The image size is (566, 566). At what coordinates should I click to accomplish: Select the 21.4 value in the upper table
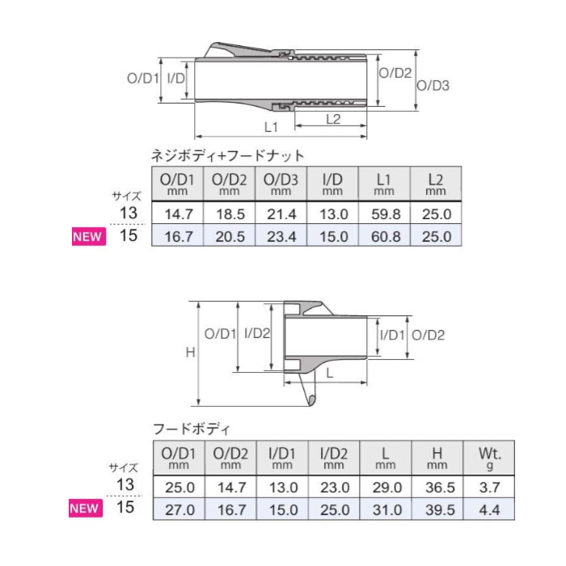[x=281, y=214]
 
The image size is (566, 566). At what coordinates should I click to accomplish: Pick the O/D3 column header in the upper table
[x=281, y=184]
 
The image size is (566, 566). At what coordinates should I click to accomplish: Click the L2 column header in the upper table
[x=436, y=184]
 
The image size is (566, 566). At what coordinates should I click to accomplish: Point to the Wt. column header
[x=489, y=458]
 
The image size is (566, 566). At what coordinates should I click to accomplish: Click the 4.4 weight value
[x=489, y=509]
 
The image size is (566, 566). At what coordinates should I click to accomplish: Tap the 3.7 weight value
[x=489, y=488]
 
